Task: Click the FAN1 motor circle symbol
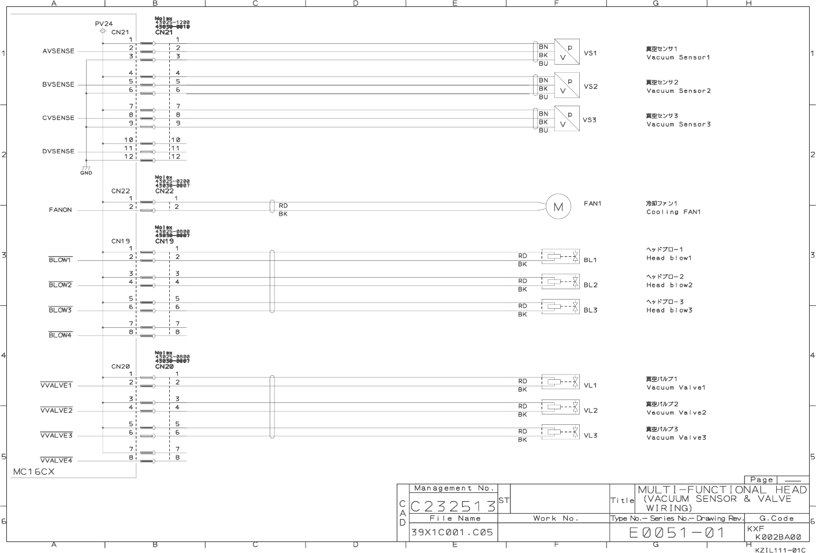[558, 207]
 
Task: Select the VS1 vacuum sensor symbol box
[567, 52]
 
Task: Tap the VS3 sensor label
[590, 120]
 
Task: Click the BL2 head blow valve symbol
[560, 281]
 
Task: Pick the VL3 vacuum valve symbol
[560, 432]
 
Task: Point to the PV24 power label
[104, 24]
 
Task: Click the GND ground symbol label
[86, 173]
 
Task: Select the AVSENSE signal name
[58, 51]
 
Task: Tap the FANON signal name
[60, 210]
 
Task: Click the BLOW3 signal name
[60, 310]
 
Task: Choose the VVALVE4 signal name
[56, 461]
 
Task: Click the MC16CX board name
[34, 472]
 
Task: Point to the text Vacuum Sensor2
[679, 91]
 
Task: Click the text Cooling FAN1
[673, 212]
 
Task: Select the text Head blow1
[669, 258]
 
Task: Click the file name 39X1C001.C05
[452, 532]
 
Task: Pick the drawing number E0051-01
[677, 532]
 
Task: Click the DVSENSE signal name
[58, 151]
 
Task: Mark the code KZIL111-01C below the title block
[780, 550]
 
